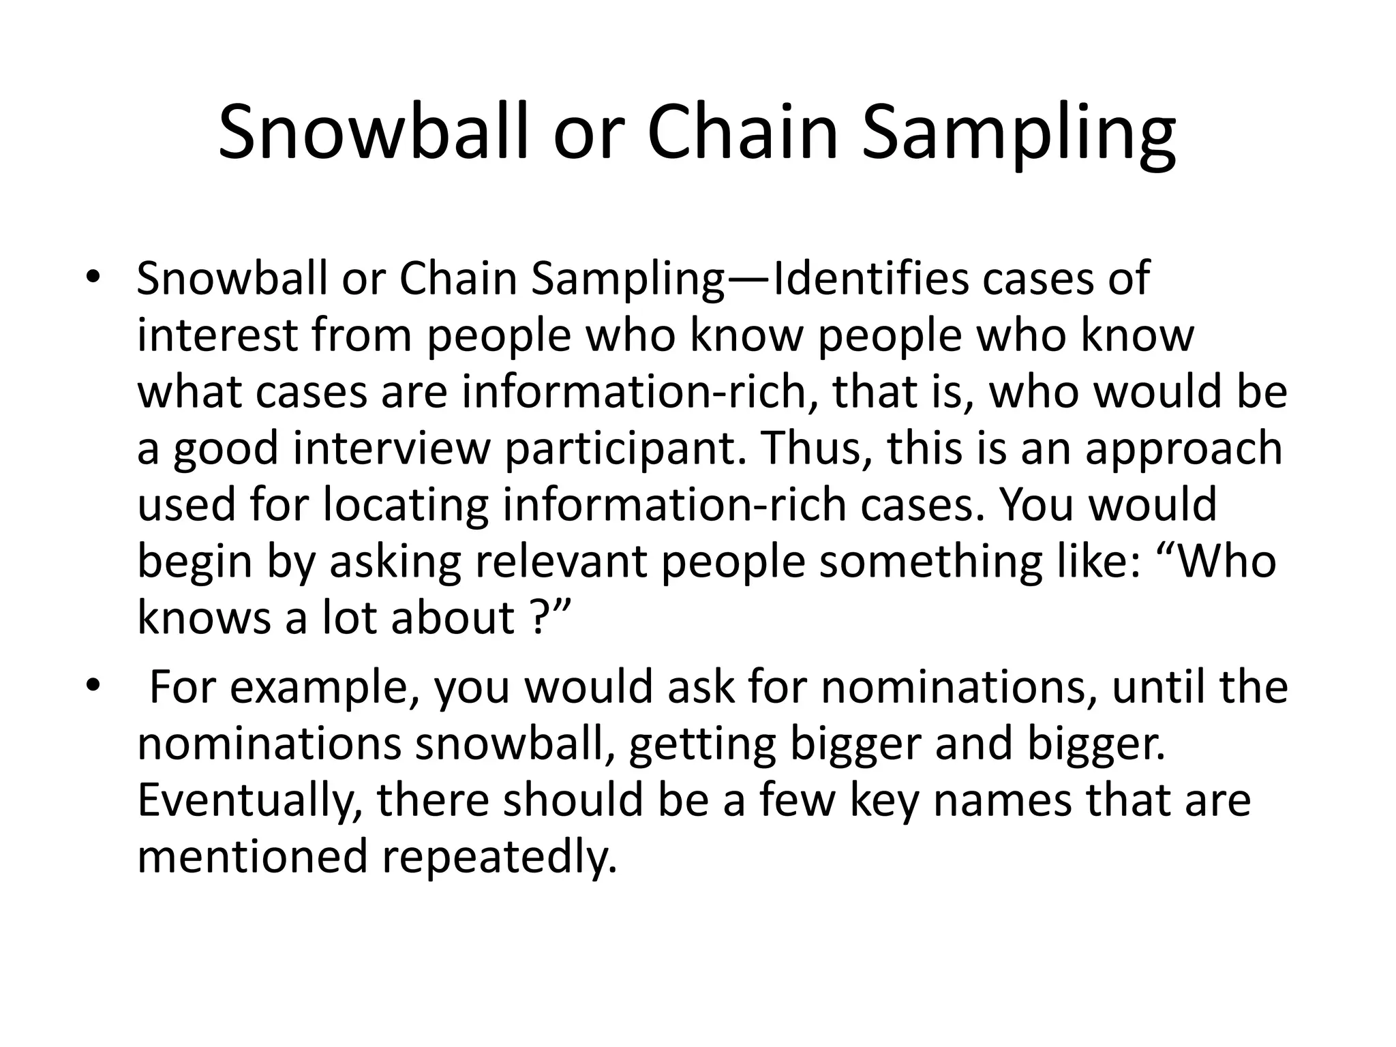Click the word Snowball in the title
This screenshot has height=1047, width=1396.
click(373, 133)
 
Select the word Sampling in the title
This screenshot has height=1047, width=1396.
click(1018, 133)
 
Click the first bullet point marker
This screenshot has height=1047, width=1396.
click(93, 277)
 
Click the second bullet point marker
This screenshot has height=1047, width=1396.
click(93, 684)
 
